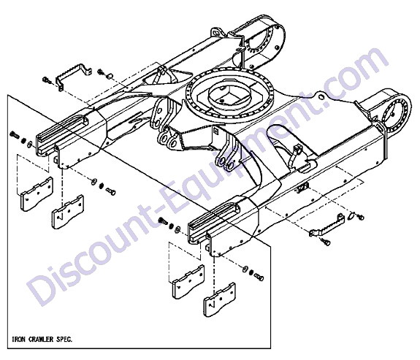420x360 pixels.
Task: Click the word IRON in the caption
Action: tap(19, 339)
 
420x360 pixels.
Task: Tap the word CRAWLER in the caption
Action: tap(41, 339)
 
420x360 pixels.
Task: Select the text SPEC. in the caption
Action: tap(64, 339)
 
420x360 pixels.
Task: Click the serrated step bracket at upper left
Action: tap(73, 77)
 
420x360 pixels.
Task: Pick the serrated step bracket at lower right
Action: tap(327, 226)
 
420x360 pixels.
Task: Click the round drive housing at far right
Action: tap(396, 115)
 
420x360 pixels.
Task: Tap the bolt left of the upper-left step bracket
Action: tap(47, 80)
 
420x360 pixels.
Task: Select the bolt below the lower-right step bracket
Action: tap(326, 242)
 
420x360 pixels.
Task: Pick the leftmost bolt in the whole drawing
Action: tap(14, 134)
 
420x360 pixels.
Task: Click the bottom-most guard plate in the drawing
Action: tap(219, 300)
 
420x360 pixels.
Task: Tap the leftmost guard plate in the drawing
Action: tap(37, 194)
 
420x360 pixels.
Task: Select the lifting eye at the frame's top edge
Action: tap(216, 33)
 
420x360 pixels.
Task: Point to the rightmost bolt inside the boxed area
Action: tap(259, 277)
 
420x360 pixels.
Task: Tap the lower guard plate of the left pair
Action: tap(68, 212)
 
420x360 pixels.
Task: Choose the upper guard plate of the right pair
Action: tap(188, 282)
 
